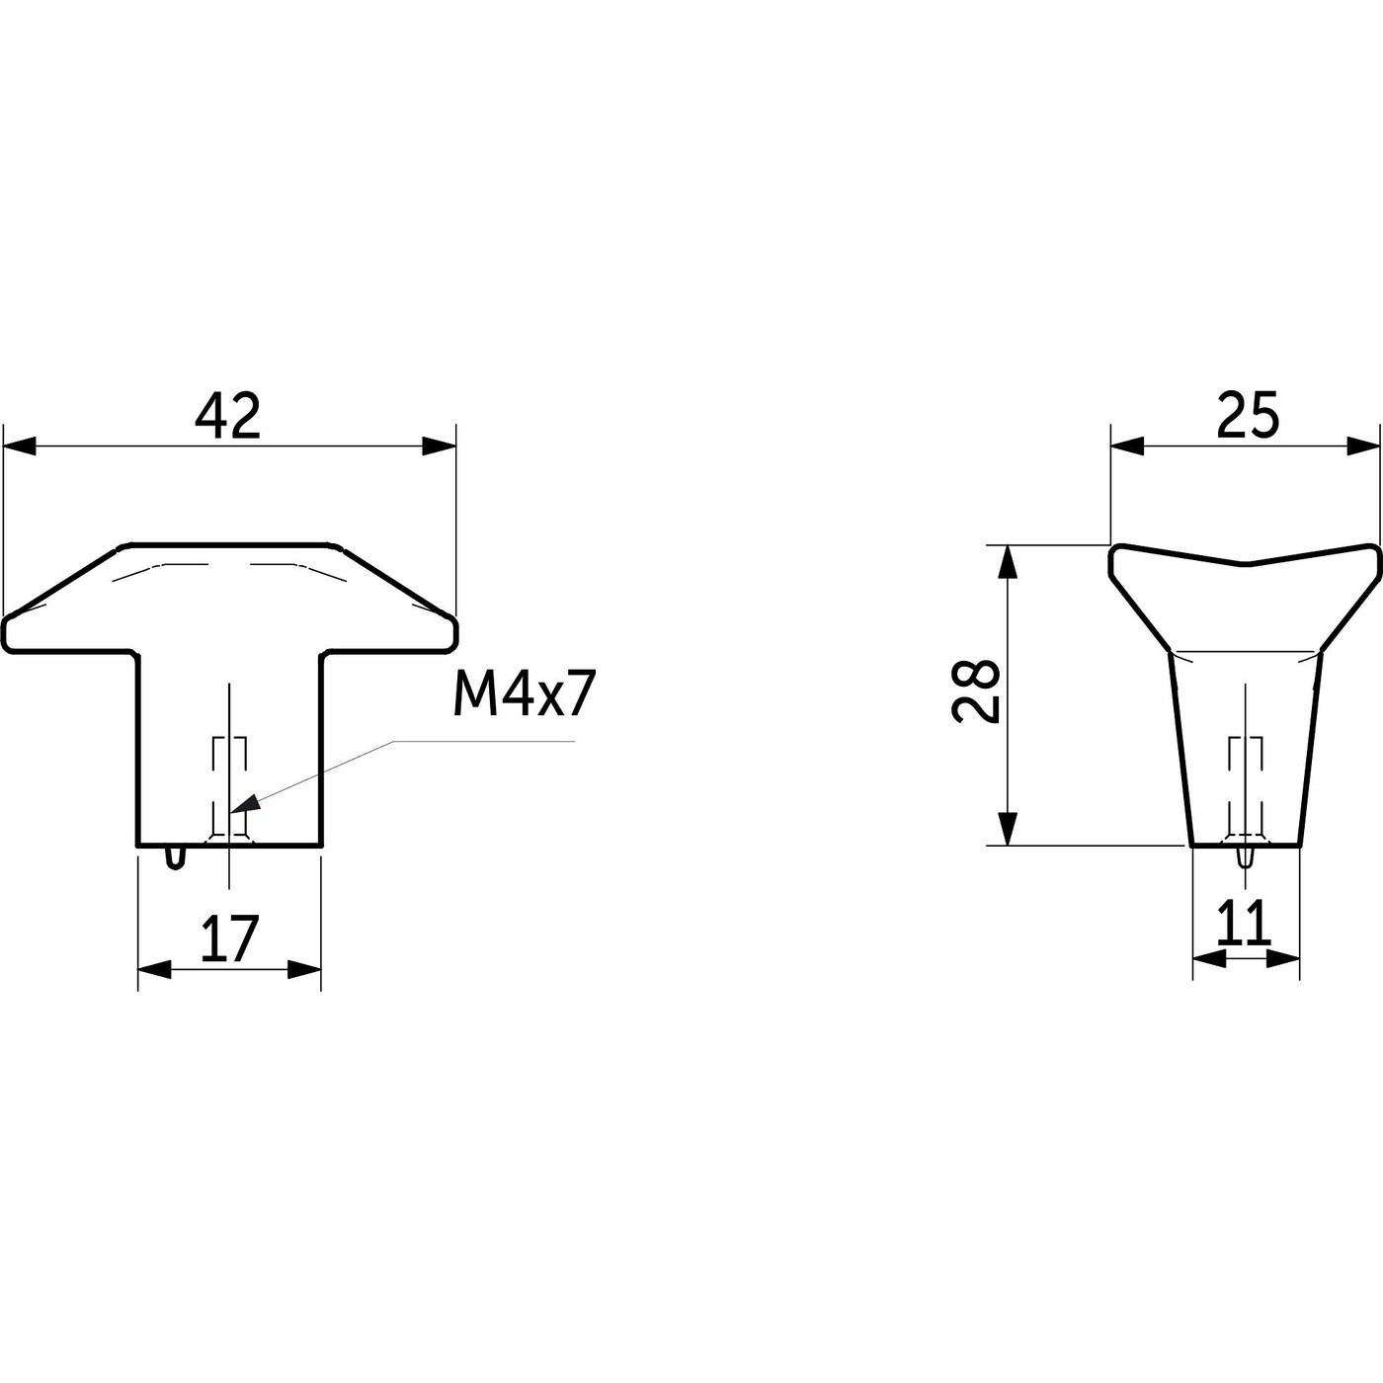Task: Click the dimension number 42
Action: coord(227,416)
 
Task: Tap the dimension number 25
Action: coord(1248,415)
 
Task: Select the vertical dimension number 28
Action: coord(976,691)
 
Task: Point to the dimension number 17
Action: coord(229,939)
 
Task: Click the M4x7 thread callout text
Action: coord(525,695)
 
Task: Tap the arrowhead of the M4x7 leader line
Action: coord(245,803)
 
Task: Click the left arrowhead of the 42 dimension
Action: coord(20,446)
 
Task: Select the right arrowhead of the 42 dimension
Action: coord(439,446)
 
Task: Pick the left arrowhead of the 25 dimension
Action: coord(1127,446)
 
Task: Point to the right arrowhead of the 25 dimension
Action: coord(1363,446)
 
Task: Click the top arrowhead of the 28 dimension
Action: coord(1009,562)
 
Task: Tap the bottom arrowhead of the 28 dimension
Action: coord(1009,829)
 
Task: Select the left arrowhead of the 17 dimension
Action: coord(154,970)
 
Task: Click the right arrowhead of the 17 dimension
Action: coord(304,970)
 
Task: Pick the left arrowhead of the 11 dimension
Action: coord(1208,958)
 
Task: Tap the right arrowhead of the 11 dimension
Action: coord(1283,958)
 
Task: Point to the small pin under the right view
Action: coord(1247,857)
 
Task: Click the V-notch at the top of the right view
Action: coord(1247,563)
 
